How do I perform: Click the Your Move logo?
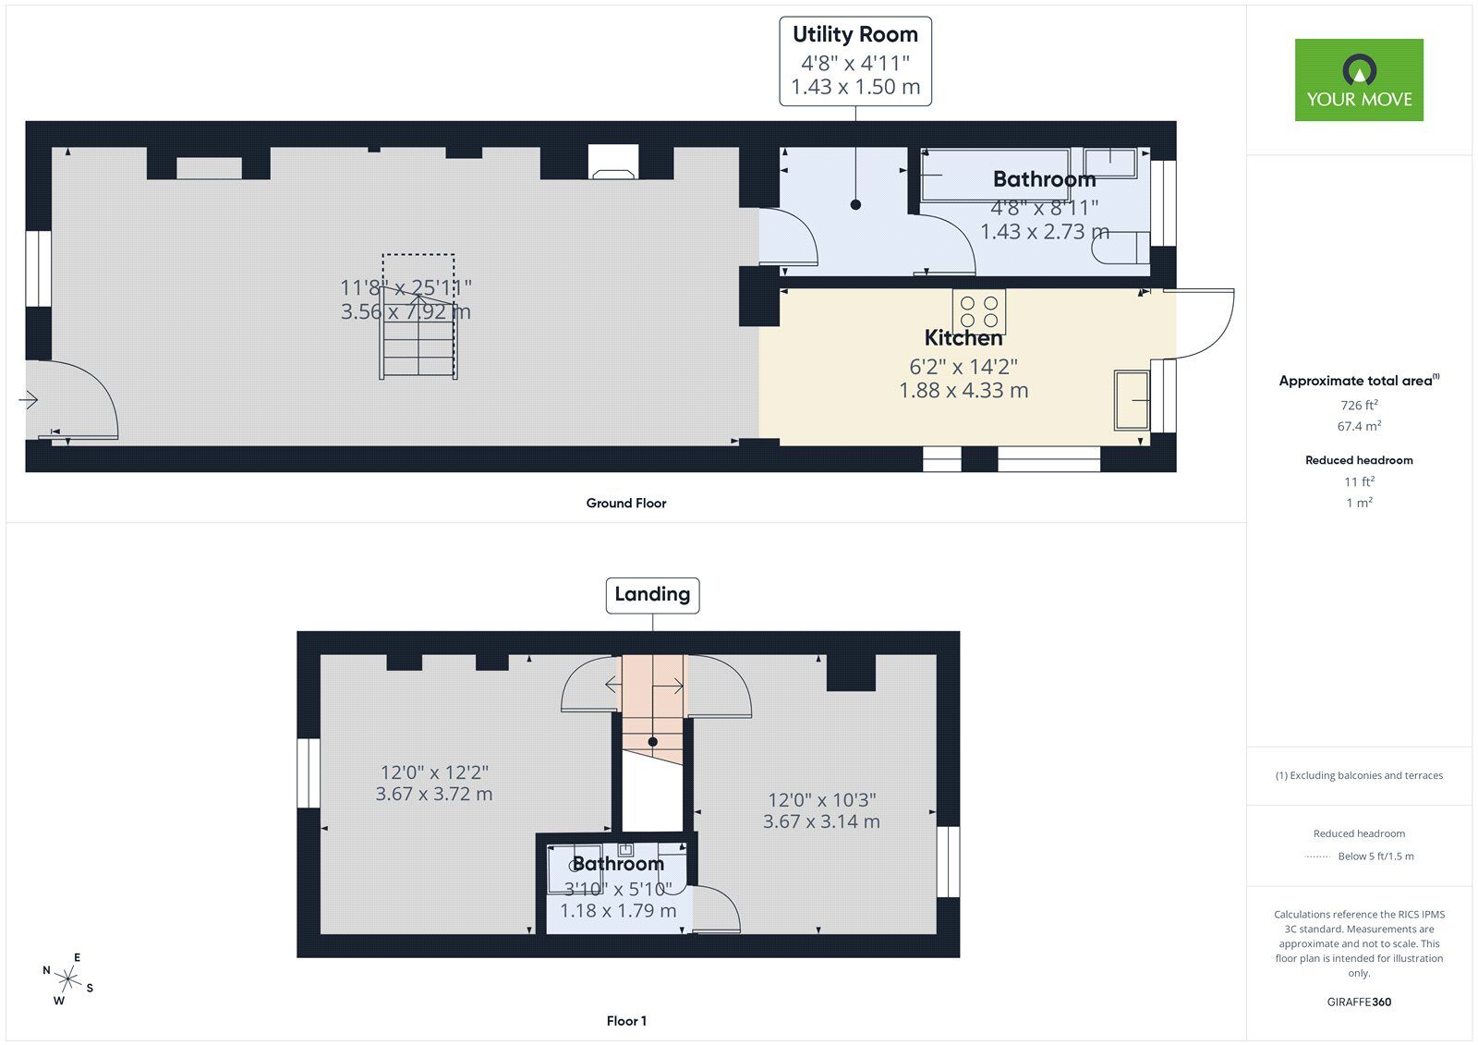[x=1358, y=79]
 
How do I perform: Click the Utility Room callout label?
[x=854, y=61]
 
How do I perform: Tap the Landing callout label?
[x=652, y=595]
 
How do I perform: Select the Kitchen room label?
[x=963, y=338]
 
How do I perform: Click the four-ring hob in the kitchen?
[x=979, y=311]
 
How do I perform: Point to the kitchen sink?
[x=1132, y=400]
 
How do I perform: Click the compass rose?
[x=67, y=978]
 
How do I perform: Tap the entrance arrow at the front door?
[x=29, y=400]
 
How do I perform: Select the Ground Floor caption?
[x=625, y=504]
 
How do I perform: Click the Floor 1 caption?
[x=626, y=1021]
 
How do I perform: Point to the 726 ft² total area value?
[x=1359, y=406]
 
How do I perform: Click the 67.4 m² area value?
[x=1359, y=427]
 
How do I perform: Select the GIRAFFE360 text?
[x=1359, y=1002]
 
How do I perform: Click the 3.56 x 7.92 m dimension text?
[x=406, y=312]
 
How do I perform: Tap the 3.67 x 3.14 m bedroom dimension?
[x=821, y=821]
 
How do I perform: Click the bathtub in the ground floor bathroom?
[x=996, y=176]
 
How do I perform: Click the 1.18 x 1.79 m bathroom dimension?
[x=617, y=911]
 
